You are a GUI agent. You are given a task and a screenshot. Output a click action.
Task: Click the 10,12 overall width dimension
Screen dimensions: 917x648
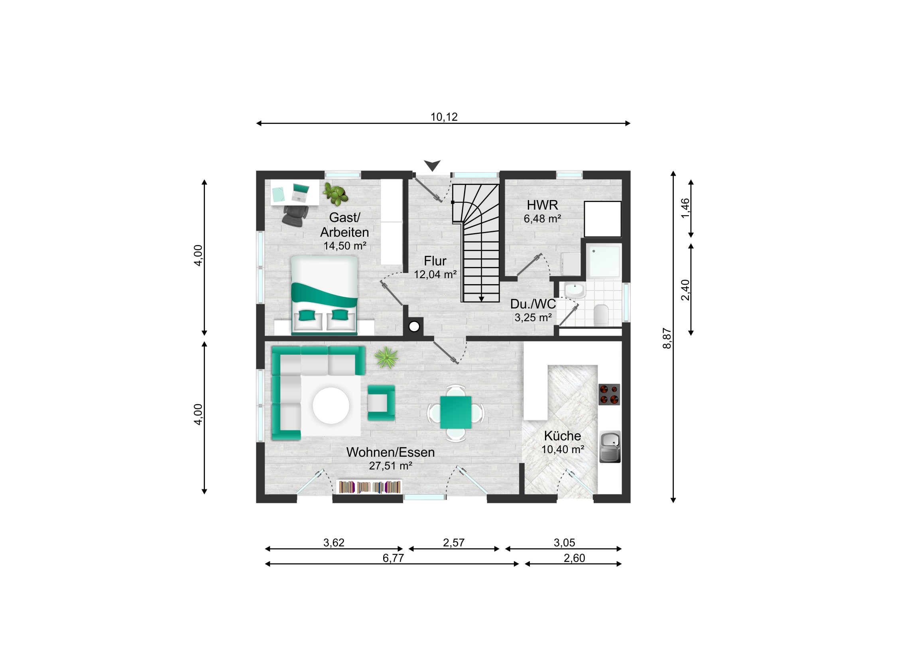[x=444, y=117]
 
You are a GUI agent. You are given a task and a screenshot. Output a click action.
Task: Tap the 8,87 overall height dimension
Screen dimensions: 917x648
[x=667, y=338]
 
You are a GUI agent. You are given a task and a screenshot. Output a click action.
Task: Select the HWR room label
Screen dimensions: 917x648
[x=542, y=205]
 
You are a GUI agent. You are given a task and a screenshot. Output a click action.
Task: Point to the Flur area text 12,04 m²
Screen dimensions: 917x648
[x=435, y=275]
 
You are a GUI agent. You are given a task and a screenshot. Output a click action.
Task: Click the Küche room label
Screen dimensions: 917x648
[x=562, y=436]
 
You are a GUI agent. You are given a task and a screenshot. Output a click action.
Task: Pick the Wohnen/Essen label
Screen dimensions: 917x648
[x=390, y=452]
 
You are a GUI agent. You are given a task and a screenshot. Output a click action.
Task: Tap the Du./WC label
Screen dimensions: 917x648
[x=533, y=304]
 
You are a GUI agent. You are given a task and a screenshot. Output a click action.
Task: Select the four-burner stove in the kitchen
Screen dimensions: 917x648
[x=609, y=395]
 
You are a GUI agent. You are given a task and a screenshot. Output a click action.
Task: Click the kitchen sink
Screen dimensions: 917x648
[x=610, y=446]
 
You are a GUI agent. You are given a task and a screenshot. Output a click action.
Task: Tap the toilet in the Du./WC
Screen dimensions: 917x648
[x=601, y=315]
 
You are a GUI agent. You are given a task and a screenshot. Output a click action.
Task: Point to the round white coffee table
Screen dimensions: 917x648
[x=331, y=406]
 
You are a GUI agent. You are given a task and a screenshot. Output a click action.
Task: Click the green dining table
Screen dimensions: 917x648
[x=456, y=412]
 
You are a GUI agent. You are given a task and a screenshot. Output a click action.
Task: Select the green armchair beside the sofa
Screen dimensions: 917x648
[x=381, y=403]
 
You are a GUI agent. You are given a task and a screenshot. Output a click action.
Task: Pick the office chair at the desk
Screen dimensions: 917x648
[x=295, y=216]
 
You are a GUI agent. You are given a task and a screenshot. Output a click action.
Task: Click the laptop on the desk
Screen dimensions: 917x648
[x=300, y=192]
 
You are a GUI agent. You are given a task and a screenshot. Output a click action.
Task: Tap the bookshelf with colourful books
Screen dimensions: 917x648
[x=370, y=487]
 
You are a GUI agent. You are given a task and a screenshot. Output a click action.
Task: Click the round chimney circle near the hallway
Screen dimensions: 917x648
[x=414, y=327]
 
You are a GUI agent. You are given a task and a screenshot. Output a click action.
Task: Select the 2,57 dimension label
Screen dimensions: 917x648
[x=454, y=543]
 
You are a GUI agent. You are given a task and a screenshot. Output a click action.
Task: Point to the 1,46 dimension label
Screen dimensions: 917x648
[x=685, y=208]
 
